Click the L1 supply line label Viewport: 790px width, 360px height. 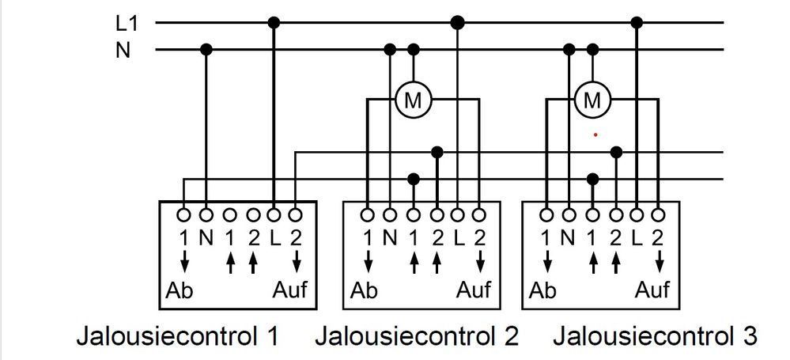click(127, 24)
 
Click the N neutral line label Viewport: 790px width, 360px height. click(123, 51)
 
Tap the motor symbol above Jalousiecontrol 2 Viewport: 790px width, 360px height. click(412, 100)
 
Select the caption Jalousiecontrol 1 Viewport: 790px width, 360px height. click(177, 336)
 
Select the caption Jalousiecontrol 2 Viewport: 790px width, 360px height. click(417, 336)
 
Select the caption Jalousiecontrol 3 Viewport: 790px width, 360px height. click(655, 336)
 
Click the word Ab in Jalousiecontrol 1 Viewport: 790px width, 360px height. click(178, 290)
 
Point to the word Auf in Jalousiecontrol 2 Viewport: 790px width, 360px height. click(473, 290)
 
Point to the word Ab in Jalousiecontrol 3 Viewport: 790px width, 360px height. click(542, 290)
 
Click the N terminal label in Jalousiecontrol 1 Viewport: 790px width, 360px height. click(206, 236)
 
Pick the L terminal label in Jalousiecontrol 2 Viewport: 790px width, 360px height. click(458, 236)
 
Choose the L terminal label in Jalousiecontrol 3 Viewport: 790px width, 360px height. click(638, 236)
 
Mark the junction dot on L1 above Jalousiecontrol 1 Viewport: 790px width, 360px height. click(274, 22)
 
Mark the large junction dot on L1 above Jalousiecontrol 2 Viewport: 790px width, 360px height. click(457, 22)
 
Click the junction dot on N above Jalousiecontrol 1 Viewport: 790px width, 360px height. click(206, 50)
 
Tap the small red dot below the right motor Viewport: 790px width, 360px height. click(595, 135)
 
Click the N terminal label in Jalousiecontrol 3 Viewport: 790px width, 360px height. click(569, 236)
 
